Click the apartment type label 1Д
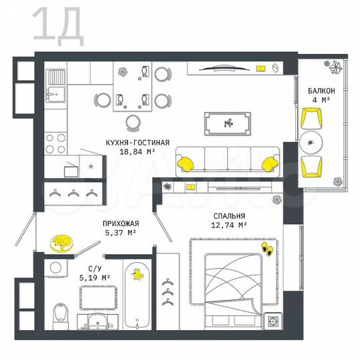[x=58, y=25]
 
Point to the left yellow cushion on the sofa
[x=186, y=161]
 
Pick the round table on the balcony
[x=311, y=142]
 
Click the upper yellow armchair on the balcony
[x=311, y=119]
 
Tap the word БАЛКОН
[x=321, y=91]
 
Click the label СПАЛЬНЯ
[x=230, y=216]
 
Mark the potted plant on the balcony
[x=333, y=67]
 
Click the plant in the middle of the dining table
[x=124, y=71]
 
